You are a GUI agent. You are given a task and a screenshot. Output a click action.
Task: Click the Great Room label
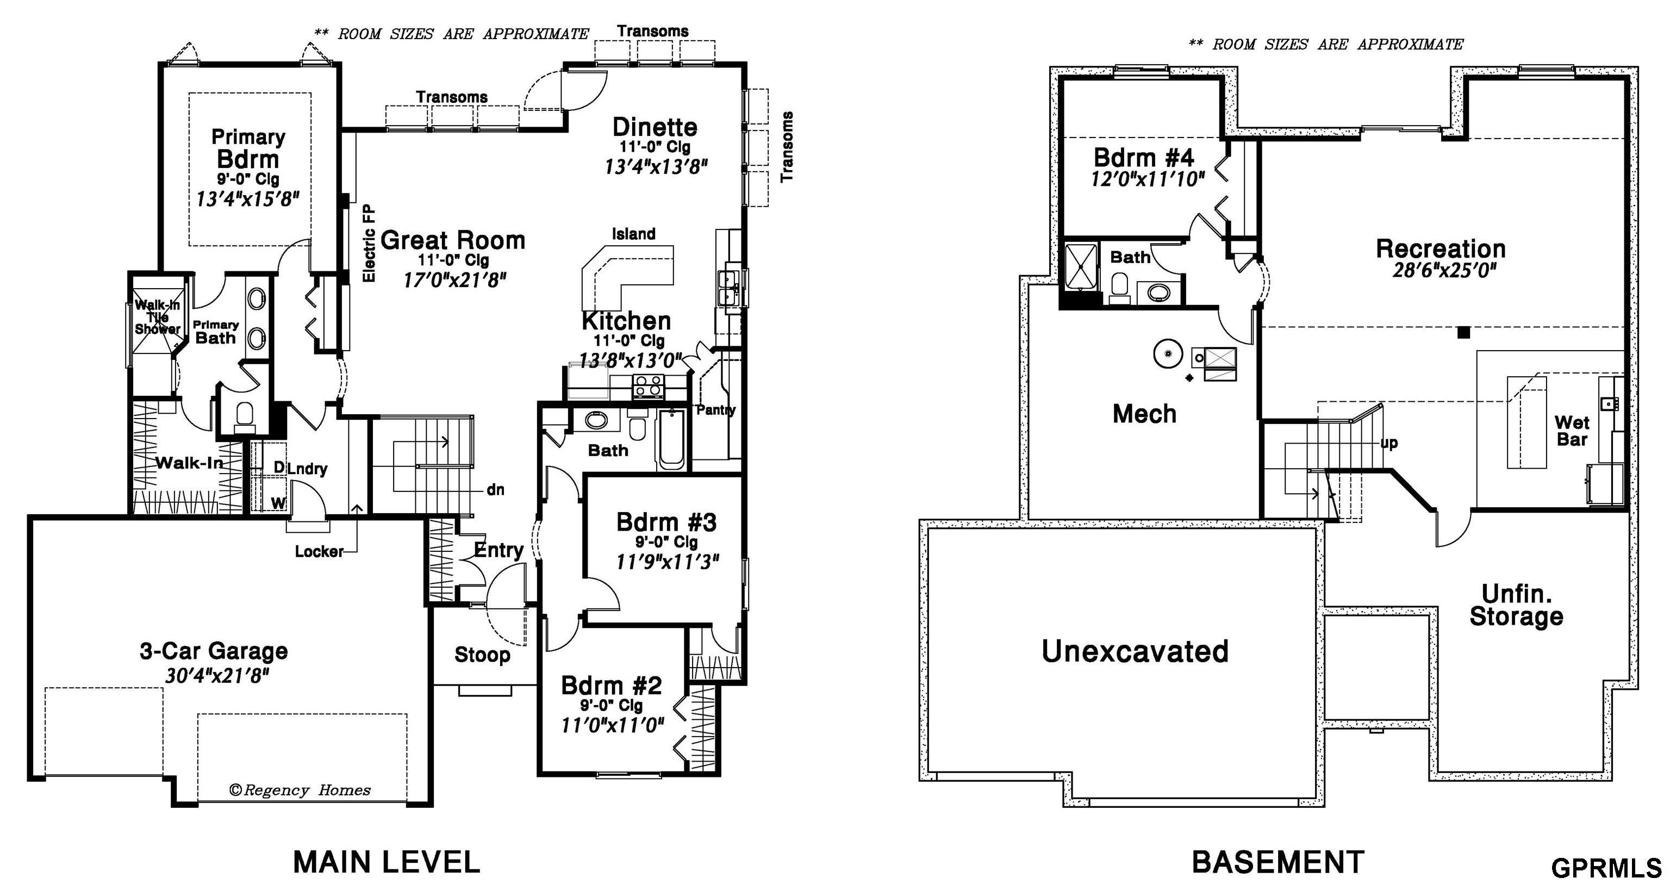point(452,241)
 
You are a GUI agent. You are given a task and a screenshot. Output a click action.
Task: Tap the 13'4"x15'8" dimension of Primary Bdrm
point(248,198)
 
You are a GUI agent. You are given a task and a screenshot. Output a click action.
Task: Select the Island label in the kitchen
point(633,233)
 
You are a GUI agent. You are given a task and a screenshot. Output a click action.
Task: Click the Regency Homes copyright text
point(300,790)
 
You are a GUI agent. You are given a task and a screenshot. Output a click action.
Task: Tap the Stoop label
point(482,655)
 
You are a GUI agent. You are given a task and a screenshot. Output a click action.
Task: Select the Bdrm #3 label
point(666,522)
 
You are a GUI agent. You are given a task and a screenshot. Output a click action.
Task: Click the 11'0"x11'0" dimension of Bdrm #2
point(613,725)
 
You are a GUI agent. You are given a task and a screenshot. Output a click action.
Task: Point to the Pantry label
point(716,410)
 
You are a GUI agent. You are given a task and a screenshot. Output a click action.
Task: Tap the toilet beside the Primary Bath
point(245,417)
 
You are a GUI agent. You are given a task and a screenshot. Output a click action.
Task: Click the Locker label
point(319,551)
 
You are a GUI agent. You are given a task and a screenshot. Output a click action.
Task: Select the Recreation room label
point(1441,248)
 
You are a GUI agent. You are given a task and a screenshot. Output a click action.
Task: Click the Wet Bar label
point(1572,431)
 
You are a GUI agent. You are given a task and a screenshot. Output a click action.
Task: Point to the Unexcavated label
point(1135,651)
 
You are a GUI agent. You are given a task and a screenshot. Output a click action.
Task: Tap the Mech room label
point(1144,414)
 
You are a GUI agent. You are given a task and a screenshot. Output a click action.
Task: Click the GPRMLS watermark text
point(1606,868)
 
